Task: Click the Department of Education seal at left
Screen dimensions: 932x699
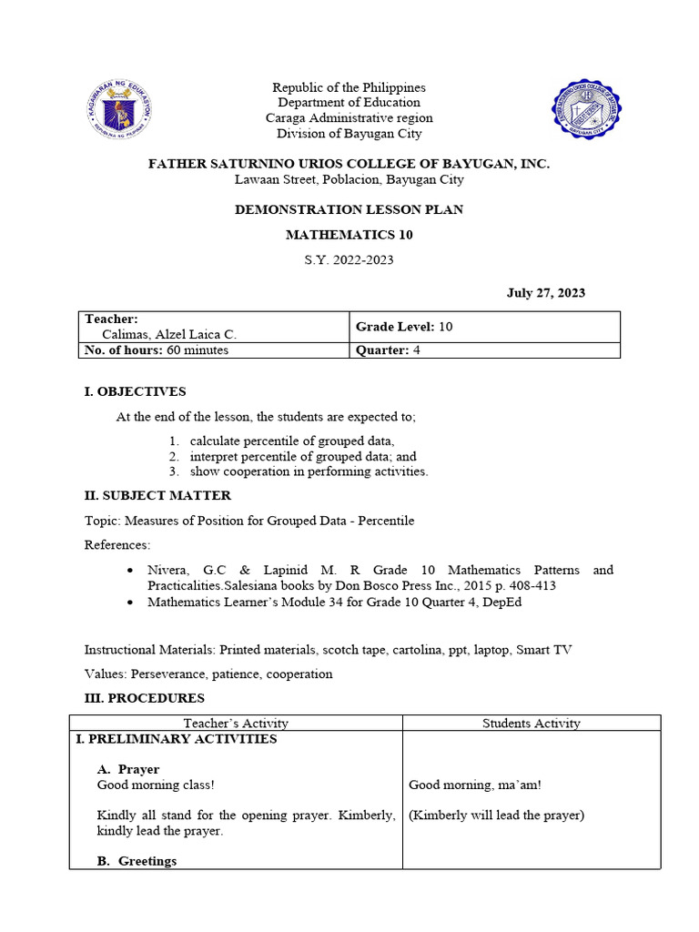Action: (x=122, y=109)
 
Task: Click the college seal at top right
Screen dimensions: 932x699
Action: (x=587, y=109)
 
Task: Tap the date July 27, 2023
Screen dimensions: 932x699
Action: (x=545, y=293)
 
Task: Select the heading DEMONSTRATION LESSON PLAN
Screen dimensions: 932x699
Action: (x=349, y=209)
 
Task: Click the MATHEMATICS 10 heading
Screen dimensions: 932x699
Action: (x=349, y=235)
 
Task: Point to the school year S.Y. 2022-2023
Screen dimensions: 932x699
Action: (x=349, y=260)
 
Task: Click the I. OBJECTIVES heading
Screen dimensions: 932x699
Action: (x=135, y=391)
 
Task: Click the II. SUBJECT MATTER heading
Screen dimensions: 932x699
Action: (x=157, y=495)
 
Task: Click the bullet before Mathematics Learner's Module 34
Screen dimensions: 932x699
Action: (x=131, y=603)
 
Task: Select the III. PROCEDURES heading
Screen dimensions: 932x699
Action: (x=145, y=698)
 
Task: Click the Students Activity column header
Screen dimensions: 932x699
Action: (x=531, y=724)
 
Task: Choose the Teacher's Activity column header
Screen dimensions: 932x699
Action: (x=236, y=724)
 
